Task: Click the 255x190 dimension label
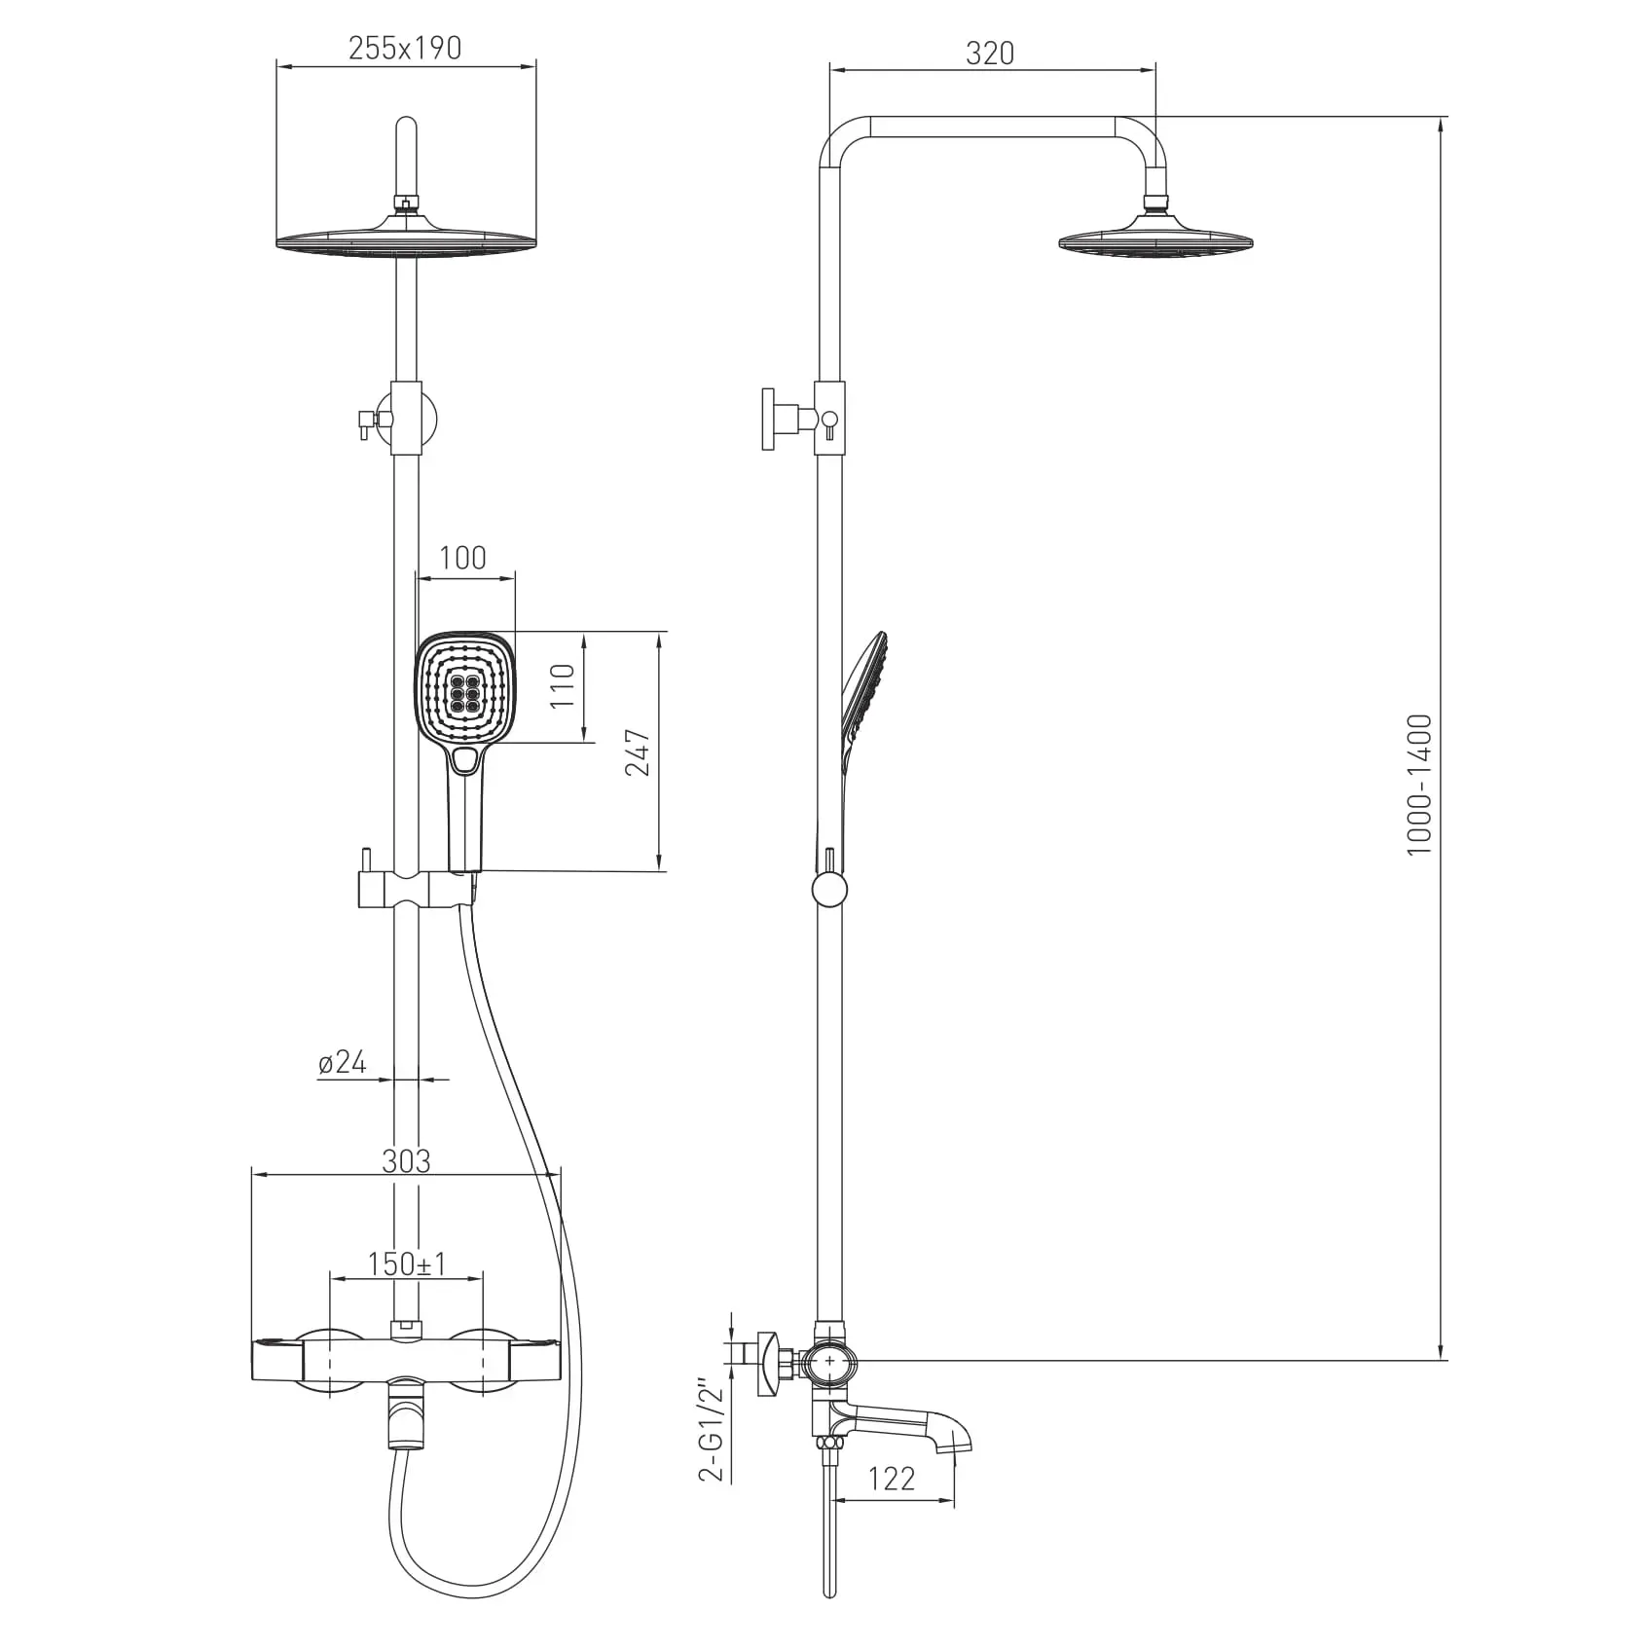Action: [x=405, y=48]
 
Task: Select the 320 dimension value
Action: [x=990, y=53]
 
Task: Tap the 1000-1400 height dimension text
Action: [x=1420, y=786]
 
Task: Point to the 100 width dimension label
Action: [x=462, y=558]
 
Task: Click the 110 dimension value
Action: [x=564, y=685]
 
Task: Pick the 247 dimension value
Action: [x=638, y=751]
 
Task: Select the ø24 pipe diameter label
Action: [x=343, y=1062]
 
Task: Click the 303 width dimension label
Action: [x=406, y=1160]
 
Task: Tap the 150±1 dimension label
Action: [x=407, y=1263]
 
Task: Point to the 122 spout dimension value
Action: [x=892, y=1506]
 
